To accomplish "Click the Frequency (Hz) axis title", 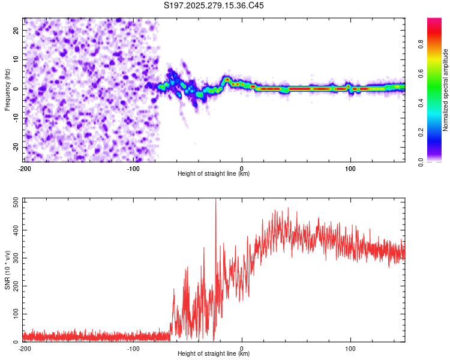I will (7, 90).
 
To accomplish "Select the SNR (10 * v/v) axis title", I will (7, 270).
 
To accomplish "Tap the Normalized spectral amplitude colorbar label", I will (446, 90).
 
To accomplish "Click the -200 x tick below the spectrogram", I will (24, 168).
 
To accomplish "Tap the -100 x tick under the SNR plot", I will (133, 348).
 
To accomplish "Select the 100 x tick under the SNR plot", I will (350, 348).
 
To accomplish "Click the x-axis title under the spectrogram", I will (214, 174).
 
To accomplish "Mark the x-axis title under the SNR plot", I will (214, 354).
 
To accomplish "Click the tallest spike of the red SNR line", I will (215, 200).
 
